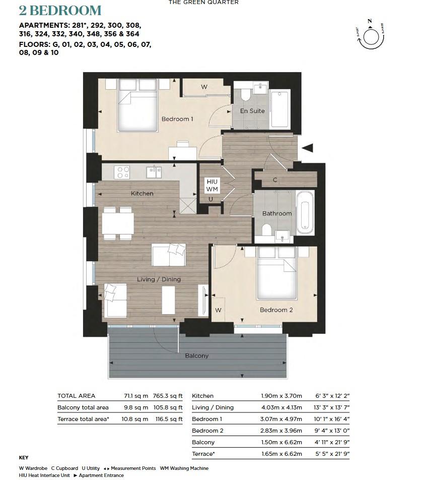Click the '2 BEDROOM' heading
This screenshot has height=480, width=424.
[x=60, y=11]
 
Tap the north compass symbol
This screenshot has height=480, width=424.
[x=371, y=36]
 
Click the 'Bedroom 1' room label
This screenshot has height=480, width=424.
[x=177, y=119]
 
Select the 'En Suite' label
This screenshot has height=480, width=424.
[x=252, y=111]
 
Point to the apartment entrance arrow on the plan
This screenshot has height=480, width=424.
[x=307, y=148]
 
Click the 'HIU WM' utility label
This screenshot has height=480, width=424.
[x=211, y=185]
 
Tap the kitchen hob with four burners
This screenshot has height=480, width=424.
[x=122, y=172]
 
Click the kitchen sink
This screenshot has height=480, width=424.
[x=154, y=172]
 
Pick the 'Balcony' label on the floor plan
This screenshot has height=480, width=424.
[x=196, y=355]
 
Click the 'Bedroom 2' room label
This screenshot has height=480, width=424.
[x=276, y=310]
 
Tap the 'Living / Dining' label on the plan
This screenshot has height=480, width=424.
[x=159, y=279]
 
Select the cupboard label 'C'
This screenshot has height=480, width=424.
[x=275, y=180]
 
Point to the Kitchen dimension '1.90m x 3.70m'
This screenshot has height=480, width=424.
[x=281, y=396]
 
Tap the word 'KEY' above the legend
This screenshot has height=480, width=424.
[x=23, y=458]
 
